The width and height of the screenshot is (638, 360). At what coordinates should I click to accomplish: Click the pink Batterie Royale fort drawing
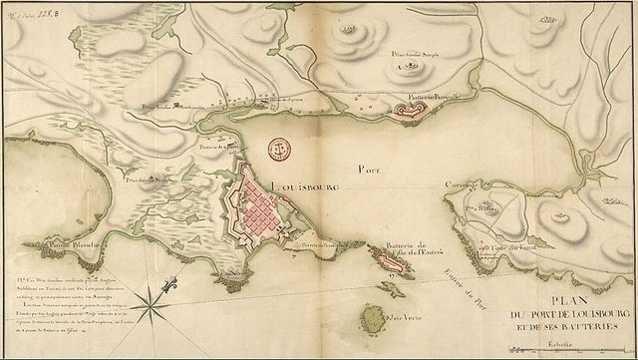409,111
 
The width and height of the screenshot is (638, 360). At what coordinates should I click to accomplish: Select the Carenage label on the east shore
462,185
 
